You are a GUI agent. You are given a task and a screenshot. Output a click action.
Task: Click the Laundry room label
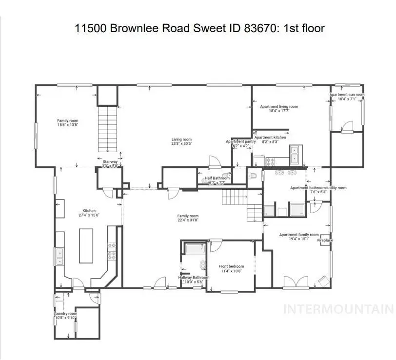65,314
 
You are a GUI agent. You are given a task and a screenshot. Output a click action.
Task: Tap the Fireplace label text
325,240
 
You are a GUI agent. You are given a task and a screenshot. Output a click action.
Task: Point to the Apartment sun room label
347,95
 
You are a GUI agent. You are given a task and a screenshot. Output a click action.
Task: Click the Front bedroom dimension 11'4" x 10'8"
231,271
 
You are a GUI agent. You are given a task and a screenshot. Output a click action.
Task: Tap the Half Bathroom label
217,178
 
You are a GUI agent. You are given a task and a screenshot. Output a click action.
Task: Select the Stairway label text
110,161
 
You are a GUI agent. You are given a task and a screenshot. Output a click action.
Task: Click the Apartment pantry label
241,141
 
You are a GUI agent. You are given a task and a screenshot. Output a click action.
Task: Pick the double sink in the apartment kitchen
295,155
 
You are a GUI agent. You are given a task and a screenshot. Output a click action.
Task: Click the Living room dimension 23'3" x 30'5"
181,144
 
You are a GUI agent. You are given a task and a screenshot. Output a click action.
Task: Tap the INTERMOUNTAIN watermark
338,309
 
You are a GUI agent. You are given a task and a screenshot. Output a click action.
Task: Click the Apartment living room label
278,106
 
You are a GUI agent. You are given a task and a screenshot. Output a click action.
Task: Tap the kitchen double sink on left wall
59,257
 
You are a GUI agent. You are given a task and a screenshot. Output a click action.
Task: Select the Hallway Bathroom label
194,278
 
